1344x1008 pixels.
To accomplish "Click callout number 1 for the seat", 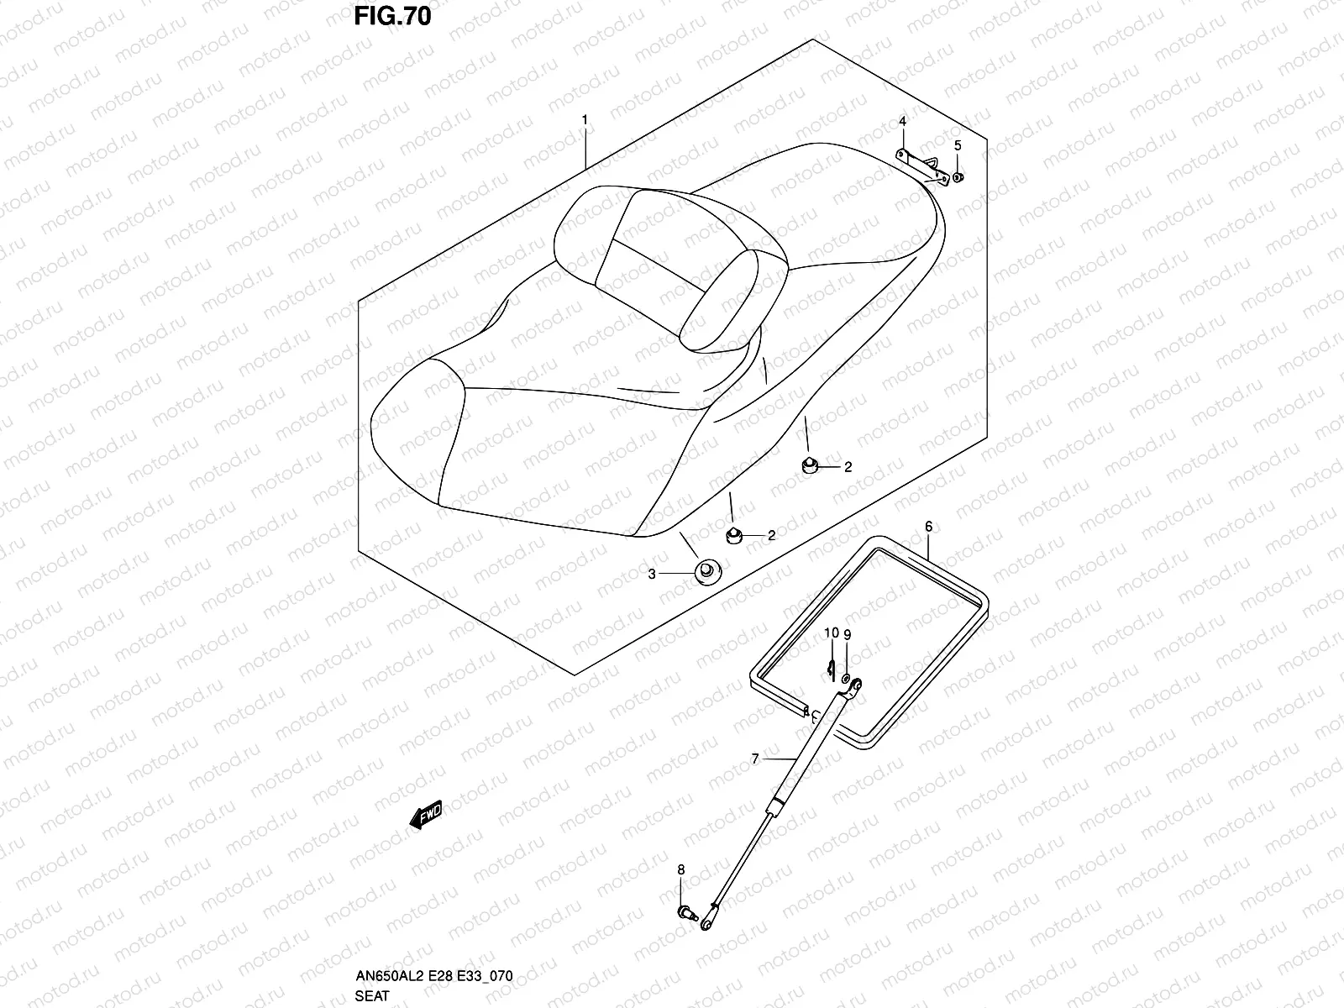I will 585,120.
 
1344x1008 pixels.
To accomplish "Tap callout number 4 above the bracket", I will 903,122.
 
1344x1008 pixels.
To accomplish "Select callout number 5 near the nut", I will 958,145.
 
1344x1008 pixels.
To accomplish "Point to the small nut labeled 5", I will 959,177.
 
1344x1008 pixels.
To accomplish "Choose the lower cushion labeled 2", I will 733,535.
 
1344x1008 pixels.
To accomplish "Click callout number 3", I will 651,575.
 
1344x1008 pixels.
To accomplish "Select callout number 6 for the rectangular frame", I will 928,527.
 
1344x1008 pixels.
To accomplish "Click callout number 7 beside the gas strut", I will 755,759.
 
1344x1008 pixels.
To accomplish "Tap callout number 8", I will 680,869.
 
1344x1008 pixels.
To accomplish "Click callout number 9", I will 847,635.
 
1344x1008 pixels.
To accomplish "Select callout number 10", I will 831,633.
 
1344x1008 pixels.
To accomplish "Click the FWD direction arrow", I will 426,814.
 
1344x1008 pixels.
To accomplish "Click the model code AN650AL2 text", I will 391,976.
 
